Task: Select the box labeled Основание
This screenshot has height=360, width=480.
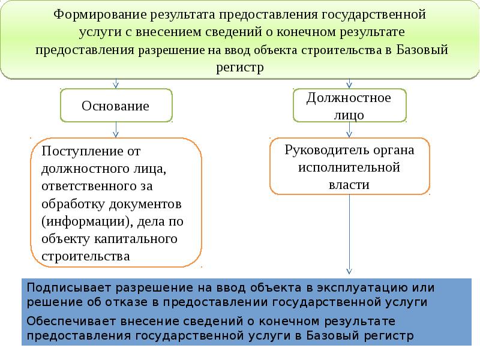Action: (115, 106)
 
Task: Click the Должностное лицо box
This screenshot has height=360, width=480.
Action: (349, 106)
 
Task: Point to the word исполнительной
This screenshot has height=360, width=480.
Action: (349, 167)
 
